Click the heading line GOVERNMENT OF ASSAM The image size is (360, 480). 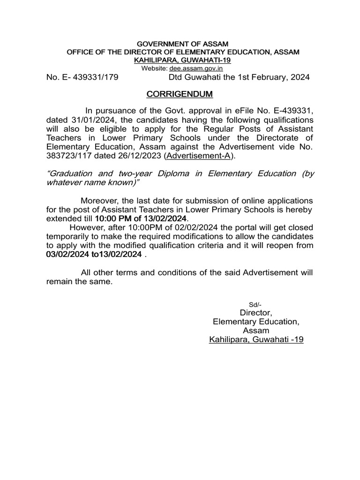coord(180,44)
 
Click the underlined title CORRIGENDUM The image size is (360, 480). coord(180,94)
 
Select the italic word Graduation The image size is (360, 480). coord(70,173)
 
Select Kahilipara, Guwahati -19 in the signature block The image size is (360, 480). coord(256,339)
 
